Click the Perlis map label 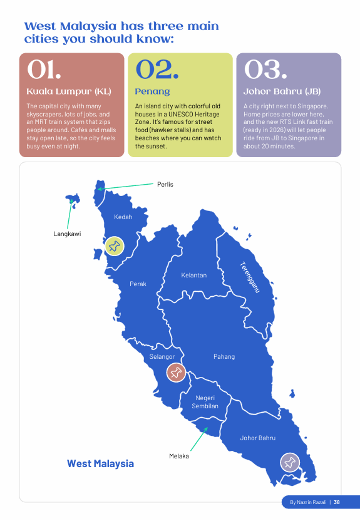[165, 184]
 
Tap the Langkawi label [67, 234]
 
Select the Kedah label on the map [123, 217]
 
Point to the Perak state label [138, 284]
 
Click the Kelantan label [193, 275]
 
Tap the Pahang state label [224, 356]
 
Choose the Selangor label [162, 357]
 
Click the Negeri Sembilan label [206, 402]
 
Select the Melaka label [179, 456]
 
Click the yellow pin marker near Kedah [114, 245]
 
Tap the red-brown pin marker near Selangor [176, 373]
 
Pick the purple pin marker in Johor [289, 462]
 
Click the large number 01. [44, 70]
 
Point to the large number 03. [265, 70]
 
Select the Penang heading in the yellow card [152, 91]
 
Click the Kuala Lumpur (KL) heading [69, 91]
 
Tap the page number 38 [337, 502]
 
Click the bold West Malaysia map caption [100, 463]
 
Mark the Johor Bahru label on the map [257, 438]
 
